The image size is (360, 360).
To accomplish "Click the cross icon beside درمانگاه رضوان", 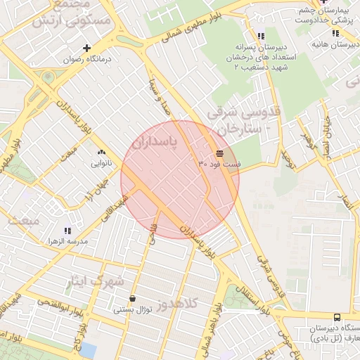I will tap(86, 48).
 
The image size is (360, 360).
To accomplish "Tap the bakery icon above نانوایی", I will tap(101, 152).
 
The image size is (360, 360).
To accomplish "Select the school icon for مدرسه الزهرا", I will tap(67, 230).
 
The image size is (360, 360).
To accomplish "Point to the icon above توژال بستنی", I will tap(133, 299).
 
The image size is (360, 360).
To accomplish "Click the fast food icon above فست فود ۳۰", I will tap(220, 153).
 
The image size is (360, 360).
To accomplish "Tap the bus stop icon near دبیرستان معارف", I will tap(336, 318).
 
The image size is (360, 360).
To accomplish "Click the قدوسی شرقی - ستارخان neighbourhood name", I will tap(243, 120).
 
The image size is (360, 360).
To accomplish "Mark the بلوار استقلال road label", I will tap(249, 292).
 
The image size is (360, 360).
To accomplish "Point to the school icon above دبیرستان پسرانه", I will tap(261, 35).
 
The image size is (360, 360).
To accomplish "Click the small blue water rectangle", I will tap(88, 349).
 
